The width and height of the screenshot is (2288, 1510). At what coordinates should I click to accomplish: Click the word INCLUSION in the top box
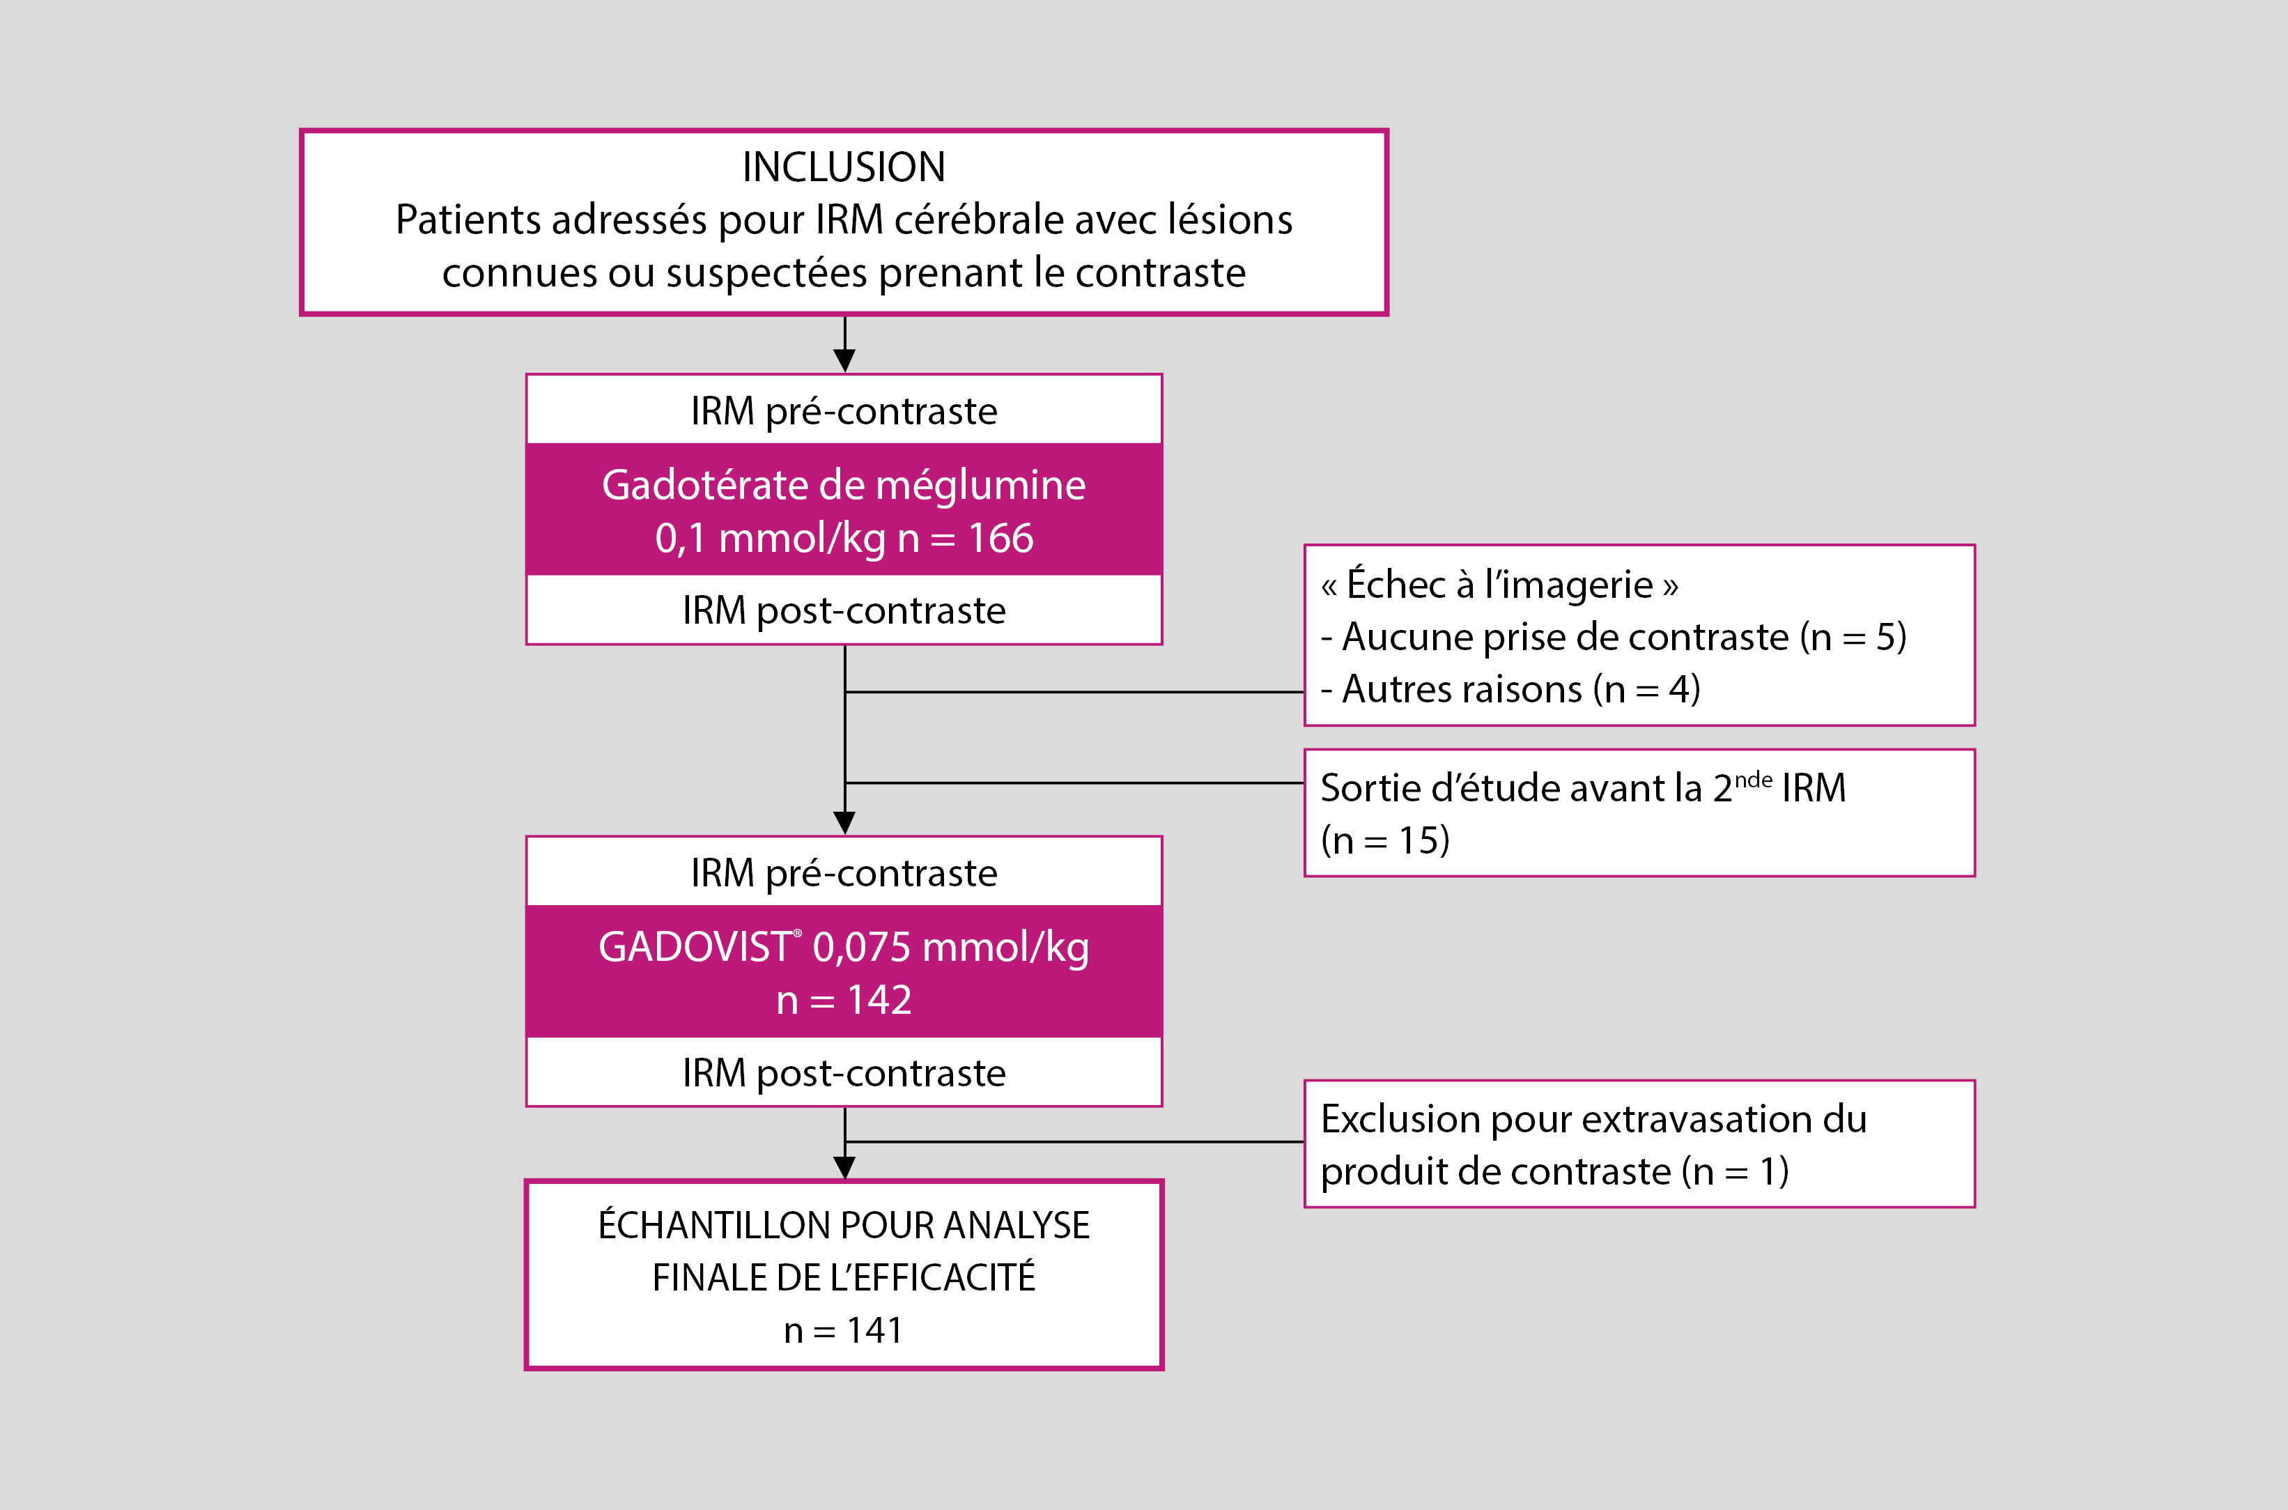844,167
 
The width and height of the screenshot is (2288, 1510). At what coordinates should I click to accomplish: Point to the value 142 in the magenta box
879,1001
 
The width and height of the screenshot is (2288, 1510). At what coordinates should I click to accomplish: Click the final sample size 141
874,1330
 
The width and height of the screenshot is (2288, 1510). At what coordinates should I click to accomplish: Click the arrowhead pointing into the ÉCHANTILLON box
844,1167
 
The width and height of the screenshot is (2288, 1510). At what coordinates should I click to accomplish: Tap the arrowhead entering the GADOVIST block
844,822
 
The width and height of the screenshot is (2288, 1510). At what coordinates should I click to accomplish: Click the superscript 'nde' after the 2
1753,778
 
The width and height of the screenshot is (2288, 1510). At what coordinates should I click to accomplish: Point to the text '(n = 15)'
1385,840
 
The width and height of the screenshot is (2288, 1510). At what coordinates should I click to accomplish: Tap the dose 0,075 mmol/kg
950,948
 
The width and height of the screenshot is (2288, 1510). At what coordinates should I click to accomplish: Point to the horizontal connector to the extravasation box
1074,1142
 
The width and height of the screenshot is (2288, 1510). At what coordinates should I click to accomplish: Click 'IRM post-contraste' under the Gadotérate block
844,610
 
